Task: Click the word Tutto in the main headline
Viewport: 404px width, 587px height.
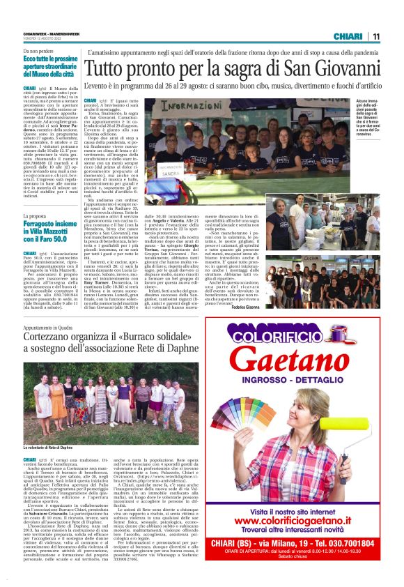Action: point(104,70)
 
